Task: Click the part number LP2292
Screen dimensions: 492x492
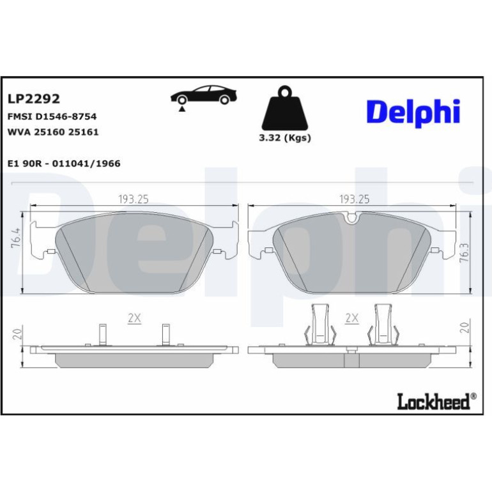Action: click(34, 99)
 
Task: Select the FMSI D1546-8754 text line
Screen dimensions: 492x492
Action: click(52, 116)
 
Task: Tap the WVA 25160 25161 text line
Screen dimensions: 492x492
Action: click(52, 132)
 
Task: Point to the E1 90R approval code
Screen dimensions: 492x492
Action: click(64, 164)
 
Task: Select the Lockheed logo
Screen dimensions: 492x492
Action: click(436, 401)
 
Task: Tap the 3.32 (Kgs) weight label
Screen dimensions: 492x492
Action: click(285, 138)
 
